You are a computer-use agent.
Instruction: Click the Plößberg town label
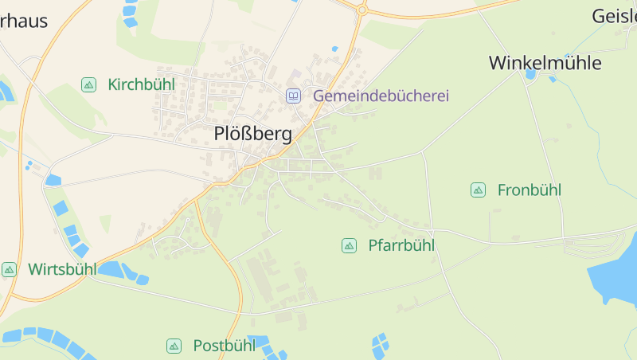pyautogui.click(x=253, y=134)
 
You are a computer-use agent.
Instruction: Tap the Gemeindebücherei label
pyautogui.click(x=381, y=96)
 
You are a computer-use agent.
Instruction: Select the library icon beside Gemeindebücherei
pyautogui.click(x=294, y=96)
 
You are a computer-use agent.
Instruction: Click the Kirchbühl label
pyautogui.click(x=141, y=84)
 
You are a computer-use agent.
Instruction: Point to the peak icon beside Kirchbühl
pyautogui.click(x=88, y=84)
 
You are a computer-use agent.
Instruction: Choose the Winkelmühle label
pyautogui.click(x=545, y=63)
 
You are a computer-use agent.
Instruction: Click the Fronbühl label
pyautogui.click(x=529, y=190)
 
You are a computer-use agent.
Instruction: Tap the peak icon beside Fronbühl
pyautogui.click(x=478, y=190)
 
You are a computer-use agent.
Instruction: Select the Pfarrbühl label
pyautogui.click(x=401, y=245)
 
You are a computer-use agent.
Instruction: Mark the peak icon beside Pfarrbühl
pyautogui.click(x=349, y=245)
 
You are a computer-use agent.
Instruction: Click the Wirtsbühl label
pyautogui.click(x=62, y=269)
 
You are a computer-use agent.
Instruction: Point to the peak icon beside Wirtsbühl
pyautogui.click(x=9, y=269)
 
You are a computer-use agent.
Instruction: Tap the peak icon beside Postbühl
pyautogui.click(x=174, y=346)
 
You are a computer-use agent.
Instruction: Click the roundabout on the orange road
pyautogui.click(x=362, y=10)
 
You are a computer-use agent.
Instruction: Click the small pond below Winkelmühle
pyautogui.click(x=531, y=75)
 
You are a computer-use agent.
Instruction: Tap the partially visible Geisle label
pyautogui.click(x=614, y=16)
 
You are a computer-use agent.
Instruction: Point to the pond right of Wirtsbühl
pyautogui.click(x=116, y=269)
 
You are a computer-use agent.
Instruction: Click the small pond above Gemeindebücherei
pyautogui.click(x=335, y=49)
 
